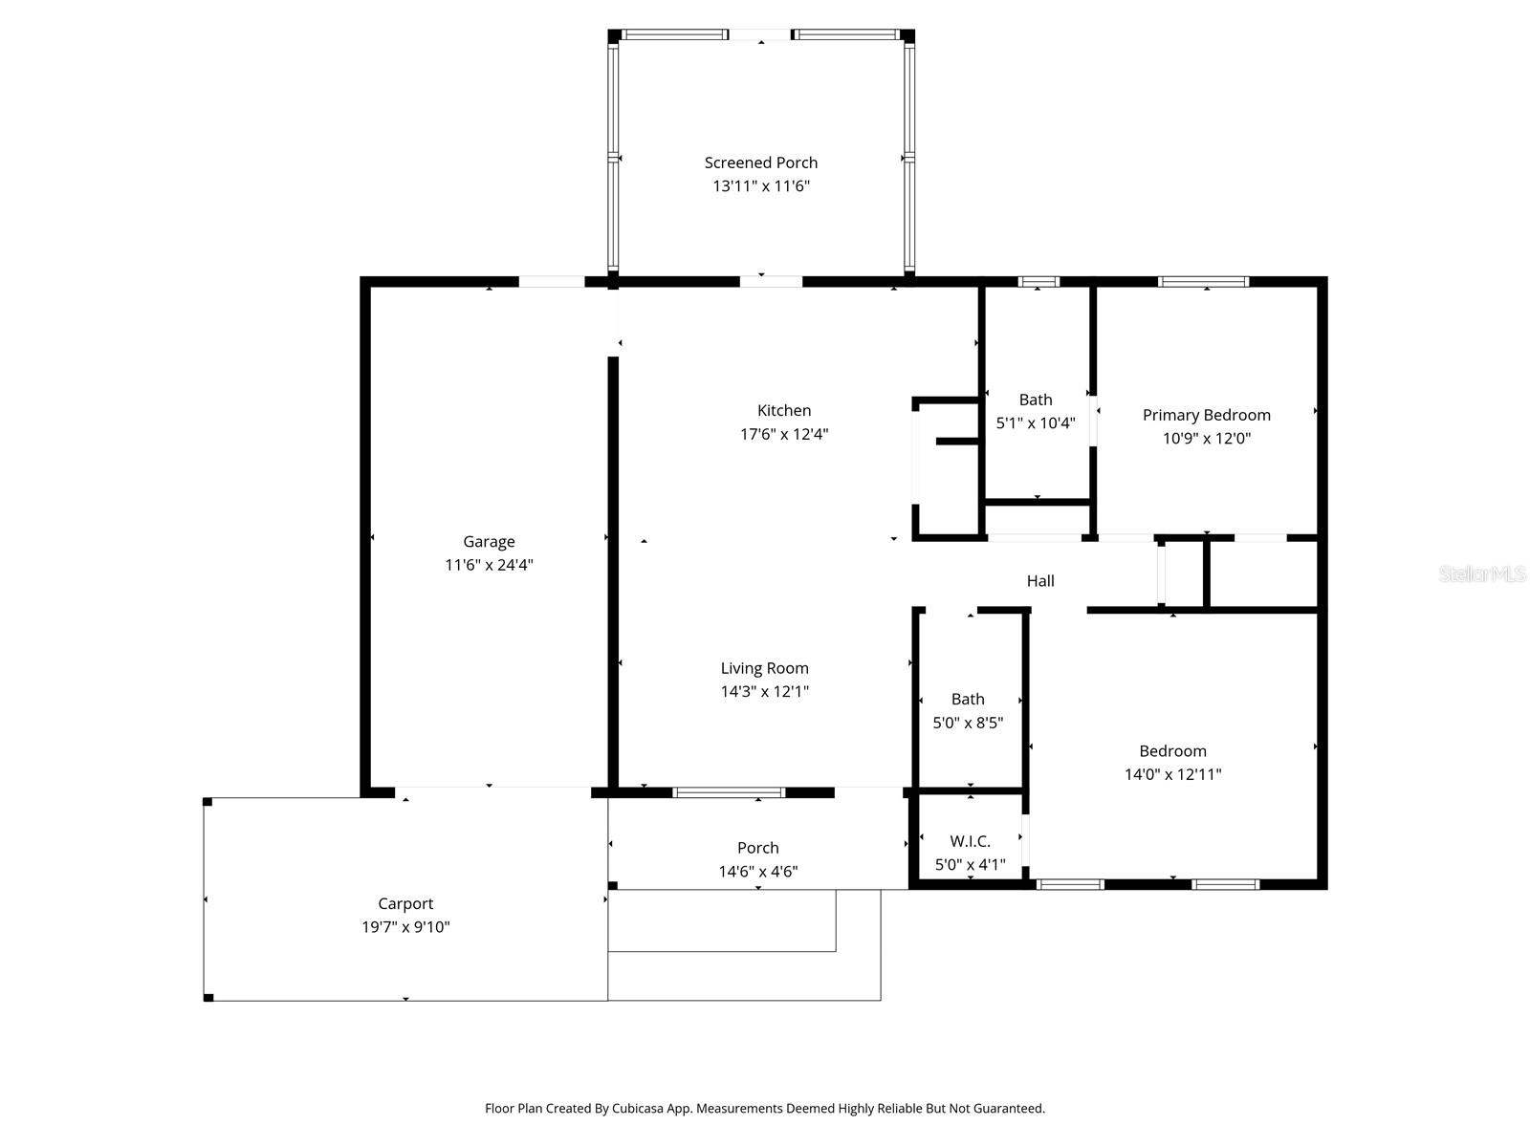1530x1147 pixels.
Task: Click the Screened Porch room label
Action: point(760,162)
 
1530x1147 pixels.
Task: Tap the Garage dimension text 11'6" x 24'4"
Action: point(489,565)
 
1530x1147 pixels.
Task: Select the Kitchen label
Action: point(784,410)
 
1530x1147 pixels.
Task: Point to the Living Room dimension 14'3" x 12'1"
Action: point(764,691)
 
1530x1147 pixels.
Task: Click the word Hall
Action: point(1040,580)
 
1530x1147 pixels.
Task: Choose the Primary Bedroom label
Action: point(1206,415)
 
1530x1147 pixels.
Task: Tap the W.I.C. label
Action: point(970,841)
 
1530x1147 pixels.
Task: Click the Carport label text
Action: point(405,903)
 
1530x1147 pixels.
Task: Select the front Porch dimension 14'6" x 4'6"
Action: point(758,871)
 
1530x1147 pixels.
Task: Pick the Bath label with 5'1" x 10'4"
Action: point(1036,400)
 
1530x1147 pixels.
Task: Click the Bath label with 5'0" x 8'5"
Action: point(968,699)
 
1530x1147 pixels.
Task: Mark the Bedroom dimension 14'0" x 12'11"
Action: point(1172,774)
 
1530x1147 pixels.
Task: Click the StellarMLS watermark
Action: point(1481,574)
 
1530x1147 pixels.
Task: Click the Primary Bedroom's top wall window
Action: point(1203,282)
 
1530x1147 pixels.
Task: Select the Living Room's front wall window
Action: point(729,792)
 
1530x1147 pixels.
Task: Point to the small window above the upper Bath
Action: point(1038,282)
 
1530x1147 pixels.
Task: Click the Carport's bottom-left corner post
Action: point(208,997)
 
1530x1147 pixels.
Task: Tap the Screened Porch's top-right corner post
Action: point(907,36)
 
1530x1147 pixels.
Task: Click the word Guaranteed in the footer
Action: point(1009,1109)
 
